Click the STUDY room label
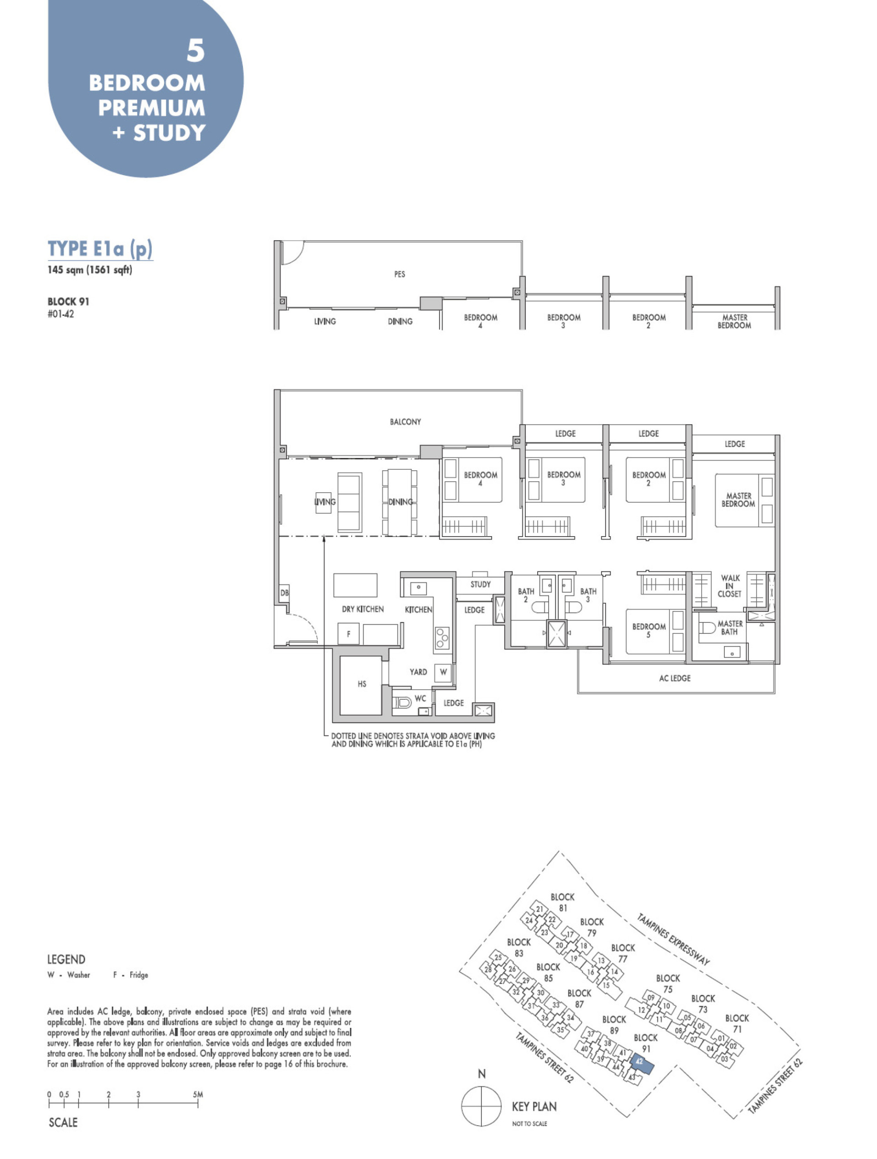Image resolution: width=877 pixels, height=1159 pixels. point(480,584)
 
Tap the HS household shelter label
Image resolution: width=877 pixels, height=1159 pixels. point(362,684)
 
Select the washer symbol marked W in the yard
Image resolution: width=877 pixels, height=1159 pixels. point(443,672)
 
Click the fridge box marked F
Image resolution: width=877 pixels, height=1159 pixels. point(348,634)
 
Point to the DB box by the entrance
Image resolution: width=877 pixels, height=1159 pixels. point(284,593)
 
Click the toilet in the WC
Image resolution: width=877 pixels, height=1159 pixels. point(402,702)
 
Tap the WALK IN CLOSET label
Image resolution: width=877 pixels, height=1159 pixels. point(729,586)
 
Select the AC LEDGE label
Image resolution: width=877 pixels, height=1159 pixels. point(674,678)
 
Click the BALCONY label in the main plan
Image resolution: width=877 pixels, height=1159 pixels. point(405,422)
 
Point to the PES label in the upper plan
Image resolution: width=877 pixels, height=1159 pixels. point(400,274)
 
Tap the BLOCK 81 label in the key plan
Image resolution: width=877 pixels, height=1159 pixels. point(562,902)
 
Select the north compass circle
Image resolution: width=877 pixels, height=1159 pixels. point(481,1106)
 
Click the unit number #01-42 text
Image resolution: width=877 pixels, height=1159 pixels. point(61,314)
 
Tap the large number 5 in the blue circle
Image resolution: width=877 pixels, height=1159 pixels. point(195,51)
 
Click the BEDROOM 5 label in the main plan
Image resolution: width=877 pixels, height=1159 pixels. point(649,630)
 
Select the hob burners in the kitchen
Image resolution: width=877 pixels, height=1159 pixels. point(442,638)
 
